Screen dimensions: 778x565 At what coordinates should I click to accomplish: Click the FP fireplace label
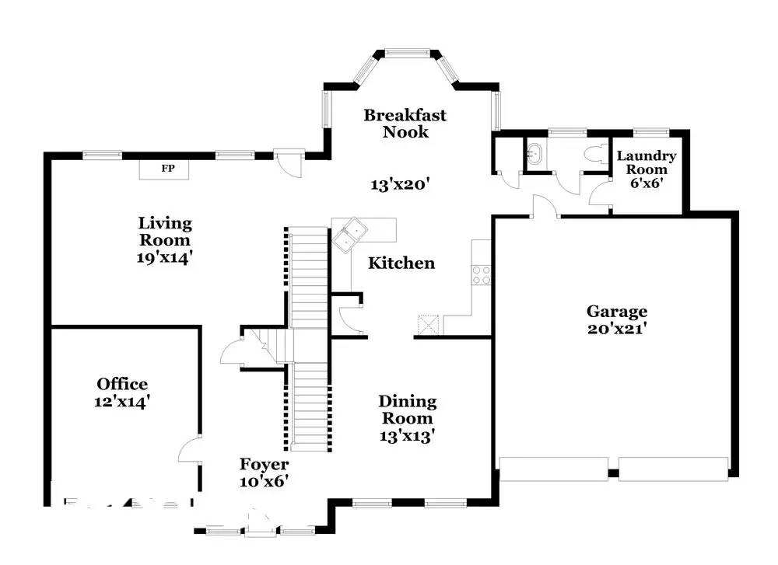click(x=168, y=169)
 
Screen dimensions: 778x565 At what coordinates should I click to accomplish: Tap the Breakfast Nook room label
click(x=405, y=124)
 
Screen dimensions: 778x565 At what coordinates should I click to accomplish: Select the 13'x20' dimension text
click(x=399, y=184)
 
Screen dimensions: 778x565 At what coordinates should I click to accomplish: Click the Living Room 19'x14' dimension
click(x=164, y=257)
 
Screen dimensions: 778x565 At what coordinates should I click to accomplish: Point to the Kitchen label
click(x=401, y=263)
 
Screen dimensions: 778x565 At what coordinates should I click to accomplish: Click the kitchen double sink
click(x=349, y=235)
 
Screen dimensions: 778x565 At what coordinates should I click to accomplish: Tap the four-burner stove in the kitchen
click(x=481, y=275)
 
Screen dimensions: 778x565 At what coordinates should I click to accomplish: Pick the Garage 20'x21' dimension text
click(x=617, y=329)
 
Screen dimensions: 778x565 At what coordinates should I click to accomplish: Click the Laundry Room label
click(x=646, y=162)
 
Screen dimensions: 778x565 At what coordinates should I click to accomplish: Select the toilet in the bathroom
click(x=595, y=154)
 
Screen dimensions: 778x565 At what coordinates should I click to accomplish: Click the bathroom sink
click(x=534, y=153)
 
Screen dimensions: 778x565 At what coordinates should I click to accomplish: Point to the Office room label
click(x=122, y=384)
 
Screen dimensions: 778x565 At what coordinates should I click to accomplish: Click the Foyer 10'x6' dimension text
click(x=264, y=481)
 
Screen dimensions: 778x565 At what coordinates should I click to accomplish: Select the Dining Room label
click(x=408, y=410)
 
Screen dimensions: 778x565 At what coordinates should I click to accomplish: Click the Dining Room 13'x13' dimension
click(x=407, y=436)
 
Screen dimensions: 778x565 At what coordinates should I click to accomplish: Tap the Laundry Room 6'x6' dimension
click(x=647, y=183)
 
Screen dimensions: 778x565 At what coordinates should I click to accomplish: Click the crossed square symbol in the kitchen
click(x=429, y=325)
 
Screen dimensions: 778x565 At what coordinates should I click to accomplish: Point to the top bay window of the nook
click(x=408, y=53)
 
